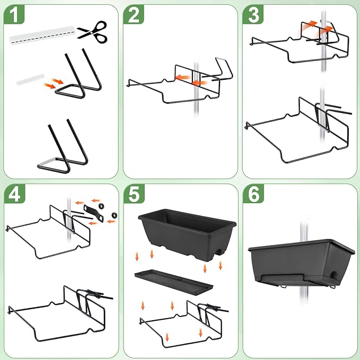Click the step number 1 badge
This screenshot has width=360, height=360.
[14, 14]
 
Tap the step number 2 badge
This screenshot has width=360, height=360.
[134, 14]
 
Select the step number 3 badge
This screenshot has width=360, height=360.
[253, 14]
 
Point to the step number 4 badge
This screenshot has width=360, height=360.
[14, 194]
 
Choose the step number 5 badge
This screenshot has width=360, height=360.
[134, 194]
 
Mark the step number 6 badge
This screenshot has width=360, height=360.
[253, 194]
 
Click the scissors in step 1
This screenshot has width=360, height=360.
[92, 32]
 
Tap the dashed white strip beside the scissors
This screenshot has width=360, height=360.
[42, 36]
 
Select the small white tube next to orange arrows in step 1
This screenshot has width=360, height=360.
[30, 80]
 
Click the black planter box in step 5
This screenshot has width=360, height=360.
[187, 235]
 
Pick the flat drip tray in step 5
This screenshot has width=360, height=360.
[174, 282]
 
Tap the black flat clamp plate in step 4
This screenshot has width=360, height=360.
[94, 213]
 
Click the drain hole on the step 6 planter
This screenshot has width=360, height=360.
[333, 274]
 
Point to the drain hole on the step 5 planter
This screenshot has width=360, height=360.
[219, 251]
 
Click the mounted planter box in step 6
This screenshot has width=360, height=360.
[302, 263]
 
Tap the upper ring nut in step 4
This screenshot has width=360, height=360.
[101, 206]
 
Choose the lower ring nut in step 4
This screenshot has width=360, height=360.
[114, 215]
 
